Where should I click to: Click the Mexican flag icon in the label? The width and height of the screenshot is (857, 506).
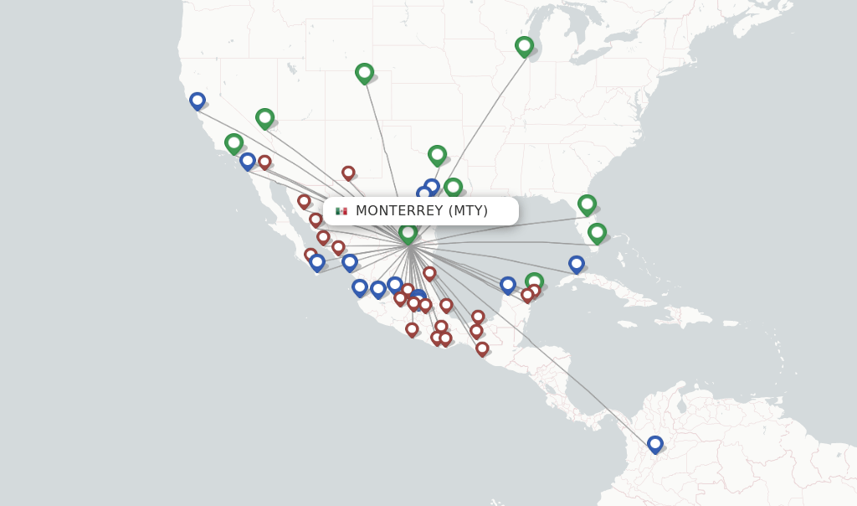point(341,211)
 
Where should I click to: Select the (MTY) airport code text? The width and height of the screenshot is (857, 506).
point(468,211)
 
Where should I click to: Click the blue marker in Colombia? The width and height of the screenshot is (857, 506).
point(655,444)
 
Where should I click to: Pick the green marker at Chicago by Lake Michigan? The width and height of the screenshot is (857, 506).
point(524,45)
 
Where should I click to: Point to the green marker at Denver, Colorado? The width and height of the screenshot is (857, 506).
point(364,73)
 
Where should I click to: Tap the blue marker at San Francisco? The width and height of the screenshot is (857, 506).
point(198,101)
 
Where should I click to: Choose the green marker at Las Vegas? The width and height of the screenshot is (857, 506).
point(265,117)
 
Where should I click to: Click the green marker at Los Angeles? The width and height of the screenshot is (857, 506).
point(233,143)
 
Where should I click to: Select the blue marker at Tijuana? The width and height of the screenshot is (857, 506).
point(248,160)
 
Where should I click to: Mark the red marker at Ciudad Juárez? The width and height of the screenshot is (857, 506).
point(348,173)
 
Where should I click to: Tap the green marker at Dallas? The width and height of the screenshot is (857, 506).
point(437,154)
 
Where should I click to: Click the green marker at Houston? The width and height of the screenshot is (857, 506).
point(453,187)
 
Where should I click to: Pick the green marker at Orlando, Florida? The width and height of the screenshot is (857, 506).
point(587,204)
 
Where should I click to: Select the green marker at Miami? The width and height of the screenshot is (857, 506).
point(597,232)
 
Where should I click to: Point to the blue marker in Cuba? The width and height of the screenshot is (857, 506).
point(577,264)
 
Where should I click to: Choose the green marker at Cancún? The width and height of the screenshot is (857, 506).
point(534,281)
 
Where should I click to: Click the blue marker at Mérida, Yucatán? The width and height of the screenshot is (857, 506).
point(508,285)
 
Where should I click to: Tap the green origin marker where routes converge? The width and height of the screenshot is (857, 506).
point(408,233)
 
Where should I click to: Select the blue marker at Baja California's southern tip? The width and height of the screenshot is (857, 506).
point(317,262)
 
